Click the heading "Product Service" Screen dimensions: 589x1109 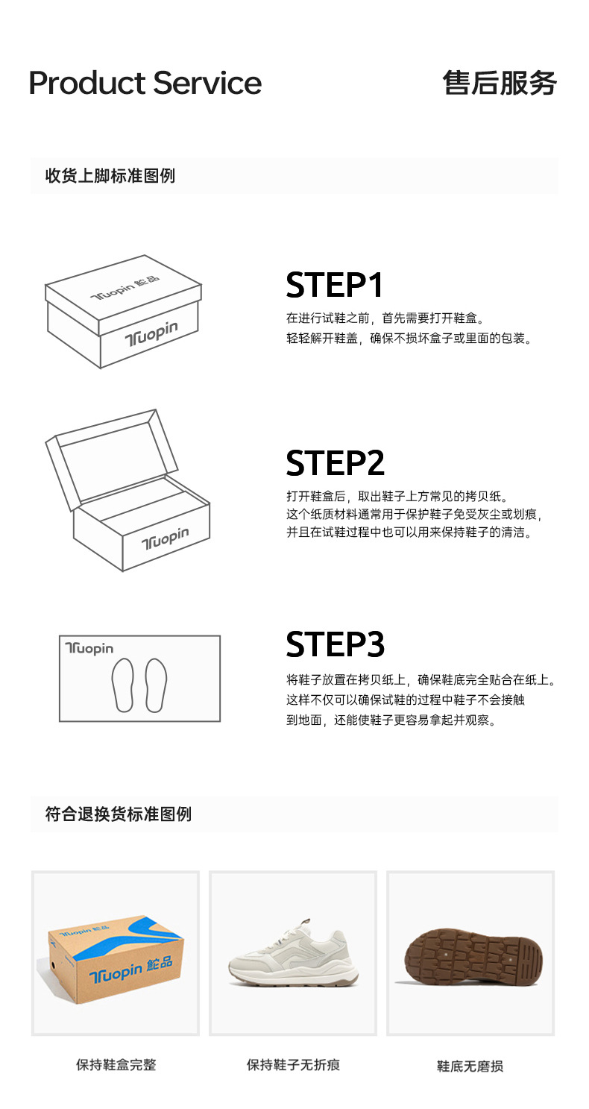click(145, 83)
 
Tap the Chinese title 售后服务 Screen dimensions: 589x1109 click(500, 83)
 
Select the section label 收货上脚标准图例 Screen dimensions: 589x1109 click(110, 176)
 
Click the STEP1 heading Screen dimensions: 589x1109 click(335, 285)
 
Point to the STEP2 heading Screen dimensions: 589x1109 click(335, 463)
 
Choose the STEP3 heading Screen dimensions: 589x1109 click(335, 644)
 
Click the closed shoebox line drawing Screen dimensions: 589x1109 click(123, 312)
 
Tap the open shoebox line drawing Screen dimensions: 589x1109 click(127, 490)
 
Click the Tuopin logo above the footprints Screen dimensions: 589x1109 click(89, 648)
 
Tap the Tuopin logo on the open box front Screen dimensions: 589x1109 click(166, 538)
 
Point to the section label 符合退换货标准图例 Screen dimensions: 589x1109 click(119, 814)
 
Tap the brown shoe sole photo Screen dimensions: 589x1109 click(473, 957)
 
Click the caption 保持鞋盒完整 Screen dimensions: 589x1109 click(116, 1065)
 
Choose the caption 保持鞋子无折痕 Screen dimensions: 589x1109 click(293, 1065)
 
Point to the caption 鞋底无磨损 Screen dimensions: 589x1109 click(470, 1066)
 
